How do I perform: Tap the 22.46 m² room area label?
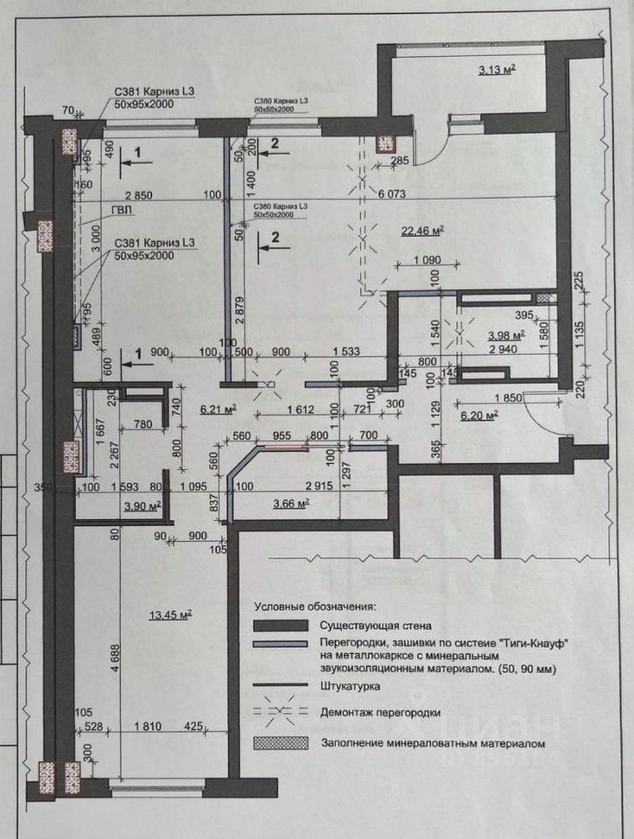[423, 231]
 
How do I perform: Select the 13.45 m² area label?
[171, 614]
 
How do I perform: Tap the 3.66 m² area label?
[291, 503]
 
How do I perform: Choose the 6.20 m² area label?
[478, 416]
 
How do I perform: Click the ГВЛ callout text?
[122, 211]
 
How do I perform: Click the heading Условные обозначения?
[315, 605]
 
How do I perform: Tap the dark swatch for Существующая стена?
[282, 626]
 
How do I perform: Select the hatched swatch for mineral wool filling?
[282, 744]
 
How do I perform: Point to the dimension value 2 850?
[138, 194]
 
